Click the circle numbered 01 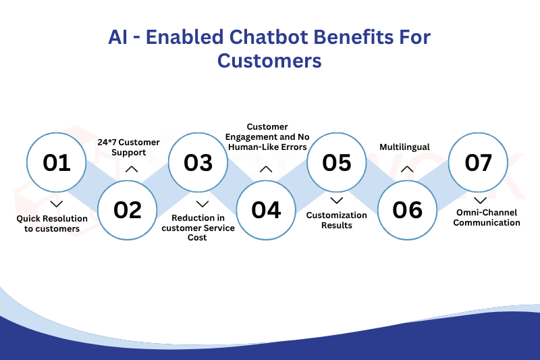(57, 163)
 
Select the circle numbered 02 (128, 210)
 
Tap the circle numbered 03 (198, 163)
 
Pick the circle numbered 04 (266, 210)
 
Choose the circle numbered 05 (337, 163)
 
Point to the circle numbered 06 (407, 210)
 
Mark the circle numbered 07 (479, 163)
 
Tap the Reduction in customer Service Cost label (198, 228)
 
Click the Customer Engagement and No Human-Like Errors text (267, 136)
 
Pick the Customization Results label (337, 220)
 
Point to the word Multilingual (404, 147)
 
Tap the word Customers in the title (269, 61)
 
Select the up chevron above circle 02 (132, 170)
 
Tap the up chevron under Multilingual (406, 170)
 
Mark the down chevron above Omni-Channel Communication (479, 201)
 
